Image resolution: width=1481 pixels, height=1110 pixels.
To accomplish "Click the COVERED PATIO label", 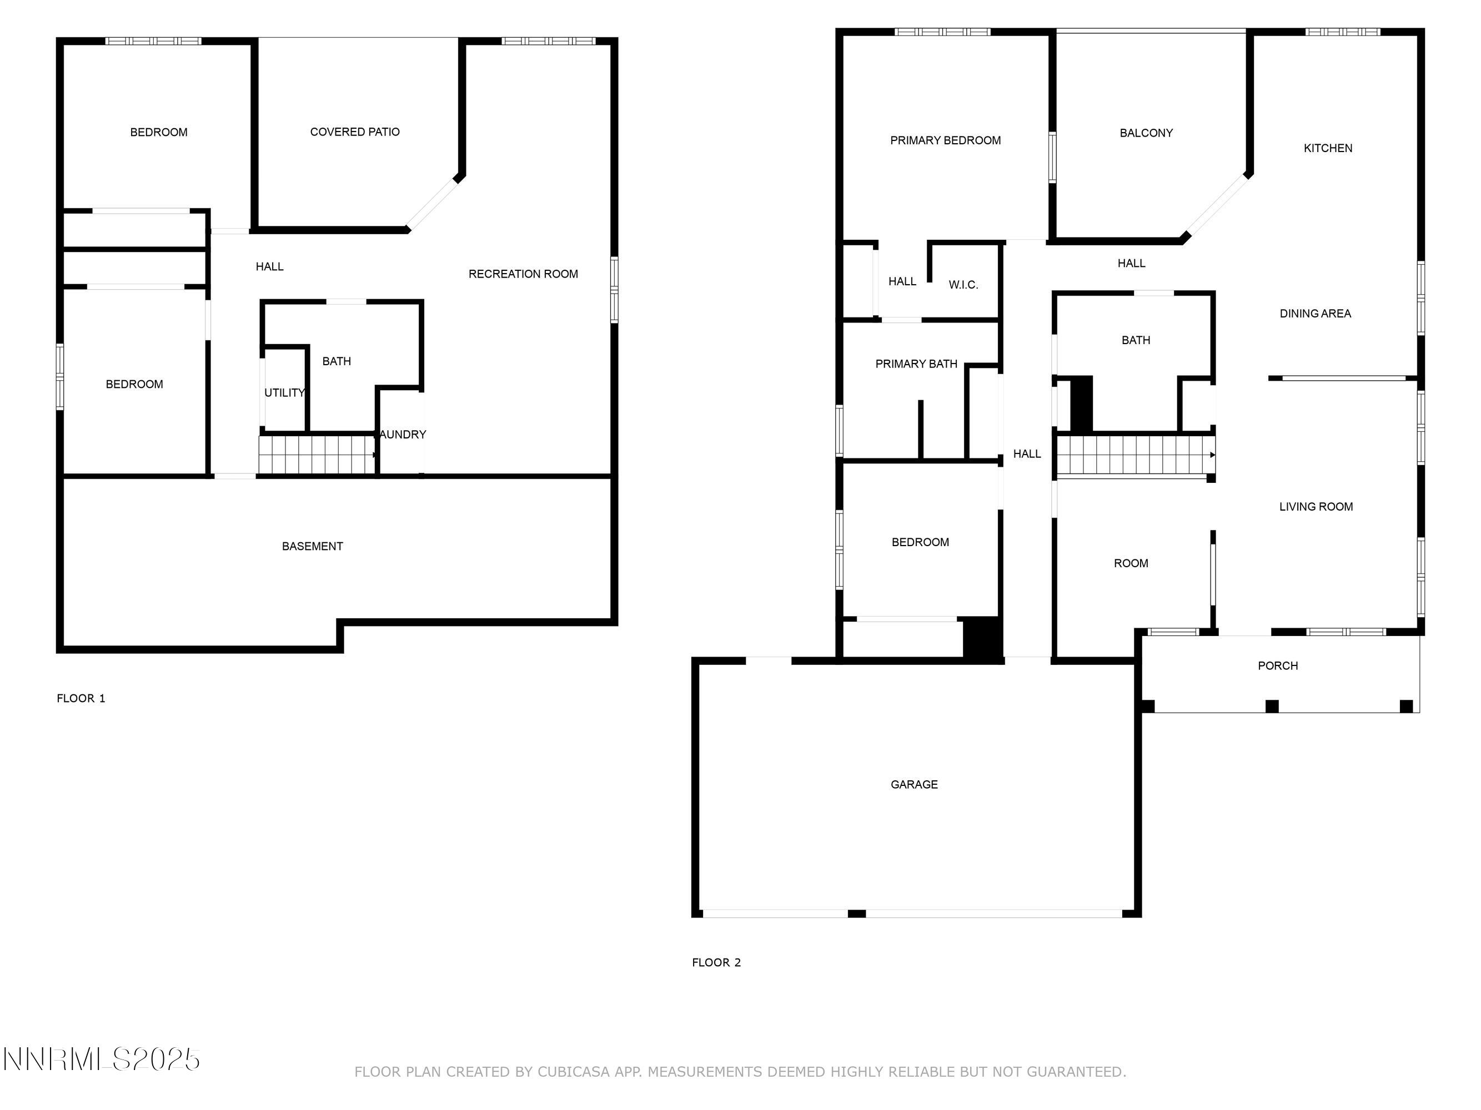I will [355, 132].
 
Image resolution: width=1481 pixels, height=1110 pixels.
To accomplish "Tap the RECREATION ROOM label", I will [523, 274].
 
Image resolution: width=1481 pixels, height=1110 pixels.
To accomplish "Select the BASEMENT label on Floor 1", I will [312, 546].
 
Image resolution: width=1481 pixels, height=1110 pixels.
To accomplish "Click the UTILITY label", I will [284, 393].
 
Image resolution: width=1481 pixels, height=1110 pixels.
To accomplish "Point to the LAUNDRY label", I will [401, 434].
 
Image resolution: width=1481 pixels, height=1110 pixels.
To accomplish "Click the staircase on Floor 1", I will [317, 455].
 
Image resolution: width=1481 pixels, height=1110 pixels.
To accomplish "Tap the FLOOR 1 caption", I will [81, 698].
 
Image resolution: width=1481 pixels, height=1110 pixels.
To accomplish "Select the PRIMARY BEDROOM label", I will [945, 140].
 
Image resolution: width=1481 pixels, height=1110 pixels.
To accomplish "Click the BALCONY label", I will [1146, 133].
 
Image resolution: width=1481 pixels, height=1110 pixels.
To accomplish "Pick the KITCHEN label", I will [1327, 148].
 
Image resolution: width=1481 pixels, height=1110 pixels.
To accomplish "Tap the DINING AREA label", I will [1314, 313].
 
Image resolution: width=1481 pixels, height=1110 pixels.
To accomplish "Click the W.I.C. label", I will [963, 284].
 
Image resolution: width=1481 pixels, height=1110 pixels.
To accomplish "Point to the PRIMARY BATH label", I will [915, 364].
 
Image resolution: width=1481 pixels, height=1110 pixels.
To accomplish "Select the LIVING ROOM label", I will [1315, 507].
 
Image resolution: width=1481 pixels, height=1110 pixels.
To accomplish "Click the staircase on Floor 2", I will [1135, 455].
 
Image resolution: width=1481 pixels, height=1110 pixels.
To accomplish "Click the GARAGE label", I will [913, 784].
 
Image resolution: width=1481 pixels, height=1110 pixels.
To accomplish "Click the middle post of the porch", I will [1272, 706].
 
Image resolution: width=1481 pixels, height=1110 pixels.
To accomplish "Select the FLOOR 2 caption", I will [716, 962].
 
